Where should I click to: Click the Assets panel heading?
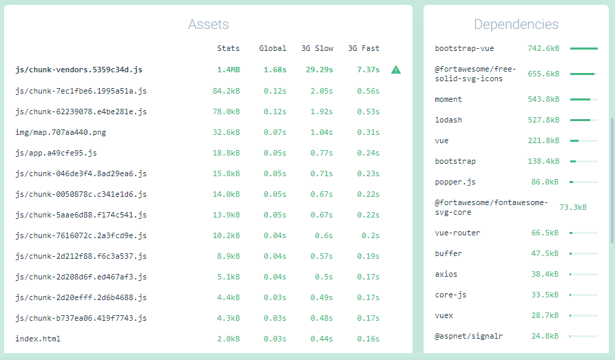208,25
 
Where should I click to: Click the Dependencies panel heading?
516,25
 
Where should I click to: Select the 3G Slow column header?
317,48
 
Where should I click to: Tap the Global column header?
273,48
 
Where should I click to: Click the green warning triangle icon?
396,70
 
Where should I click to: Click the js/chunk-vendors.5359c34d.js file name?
79,70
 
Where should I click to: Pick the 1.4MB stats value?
229,70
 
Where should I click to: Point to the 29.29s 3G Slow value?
320,70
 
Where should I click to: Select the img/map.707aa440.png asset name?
61,131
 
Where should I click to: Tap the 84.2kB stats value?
227,90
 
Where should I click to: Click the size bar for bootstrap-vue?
583,49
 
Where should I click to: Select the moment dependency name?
448,99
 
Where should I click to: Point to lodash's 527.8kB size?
543,120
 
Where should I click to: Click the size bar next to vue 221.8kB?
583,140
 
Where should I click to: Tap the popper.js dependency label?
455,182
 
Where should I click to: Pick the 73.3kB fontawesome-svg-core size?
573,207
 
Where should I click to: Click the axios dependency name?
446,274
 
